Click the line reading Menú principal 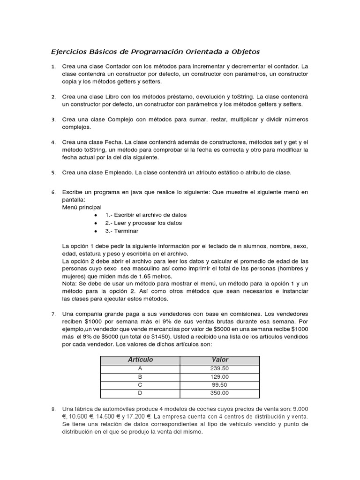[82, 207]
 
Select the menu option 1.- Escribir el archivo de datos [146, 215]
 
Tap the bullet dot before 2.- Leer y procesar [96, 223]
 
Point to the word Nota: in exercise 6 [70, 284]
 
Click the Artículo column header [140, 360]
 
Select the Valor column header [219, 360]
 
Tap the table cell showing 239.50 [219, 368]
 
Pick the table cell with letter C [140, 384]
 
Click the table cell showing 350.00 [219, 393]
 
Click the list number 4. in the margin [53, 142]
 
